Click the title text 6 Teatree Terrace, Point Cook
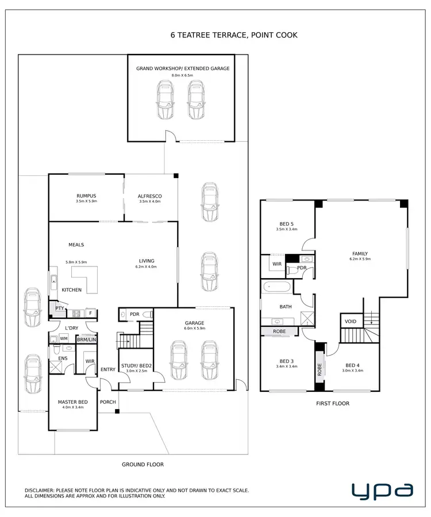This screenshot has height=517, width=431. [234, 35]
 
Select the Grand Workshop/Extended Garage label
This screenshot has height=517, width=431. [183, 68]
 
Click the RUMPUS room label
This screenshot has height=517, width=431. [86, 196]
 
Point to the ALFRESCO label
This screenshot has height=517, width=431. [149, 196]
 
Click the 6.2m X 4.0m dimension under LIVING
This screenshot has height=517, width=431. [146, 267]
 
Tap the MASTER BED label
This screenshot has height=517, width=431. [72, 402]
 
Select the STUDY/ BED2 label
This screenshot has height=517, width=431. [137, 365]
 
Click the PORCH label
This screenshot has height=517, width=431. [107, 402]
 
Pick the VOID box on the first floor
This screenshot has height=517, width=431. [351, 322]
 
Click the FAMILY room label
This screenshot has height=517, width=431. [360, 253]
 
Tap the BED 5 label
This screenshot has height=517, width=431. [286, 223]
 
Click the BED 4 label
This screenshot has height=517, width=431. [352, 365]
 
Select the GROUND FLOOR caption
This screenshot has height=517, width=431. [143, 464]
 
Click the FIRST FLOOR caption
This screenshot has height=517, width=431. [333, 403]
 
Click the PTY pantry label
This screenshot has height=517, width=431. [59, 308]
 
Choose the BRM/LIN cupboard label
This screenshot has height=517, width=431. [86, 339]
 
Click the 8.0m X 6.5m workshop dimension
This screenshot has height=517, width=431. [183, 75]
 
